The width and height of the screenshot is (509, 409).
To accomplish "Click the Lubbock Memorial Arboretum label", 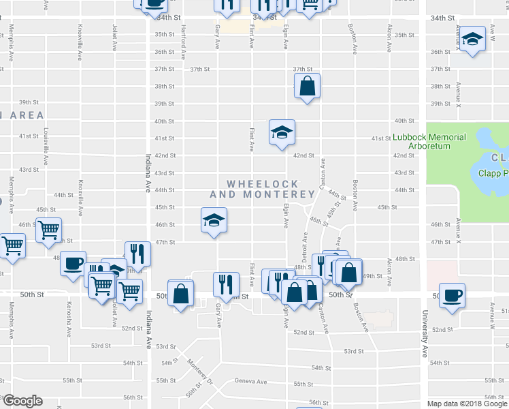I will [429, 141].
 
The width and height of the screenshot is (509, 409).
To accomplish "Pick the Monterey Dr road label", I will [200, 372].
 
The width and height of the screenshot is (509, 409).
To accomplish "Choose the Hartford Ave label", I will [184, 42].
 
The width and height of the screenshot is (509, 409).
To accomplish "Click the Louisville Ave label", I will [46, 147].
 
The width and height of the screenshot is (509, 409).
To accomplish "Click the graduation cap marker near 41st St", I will [282, 132].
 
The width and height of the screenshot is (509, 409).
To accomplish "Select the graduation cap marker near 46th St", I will [214, 219].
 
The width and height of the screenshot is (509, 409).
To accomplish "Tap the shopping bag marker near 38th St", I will [307, 86].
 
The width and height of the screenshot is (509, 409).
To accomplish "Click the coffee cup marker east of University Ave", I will [452, 295].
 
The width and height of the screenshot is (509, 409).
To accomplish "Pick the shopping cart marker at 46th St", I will [48, 230].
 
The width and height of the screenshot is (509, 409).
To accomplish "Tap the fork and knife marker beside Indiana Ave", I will [137, 254].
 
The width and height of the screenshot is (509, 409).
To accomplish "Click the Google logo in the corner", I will [22, 401].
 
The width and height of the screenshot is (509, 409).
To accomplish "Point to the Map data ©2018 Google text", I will [467, 404].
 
